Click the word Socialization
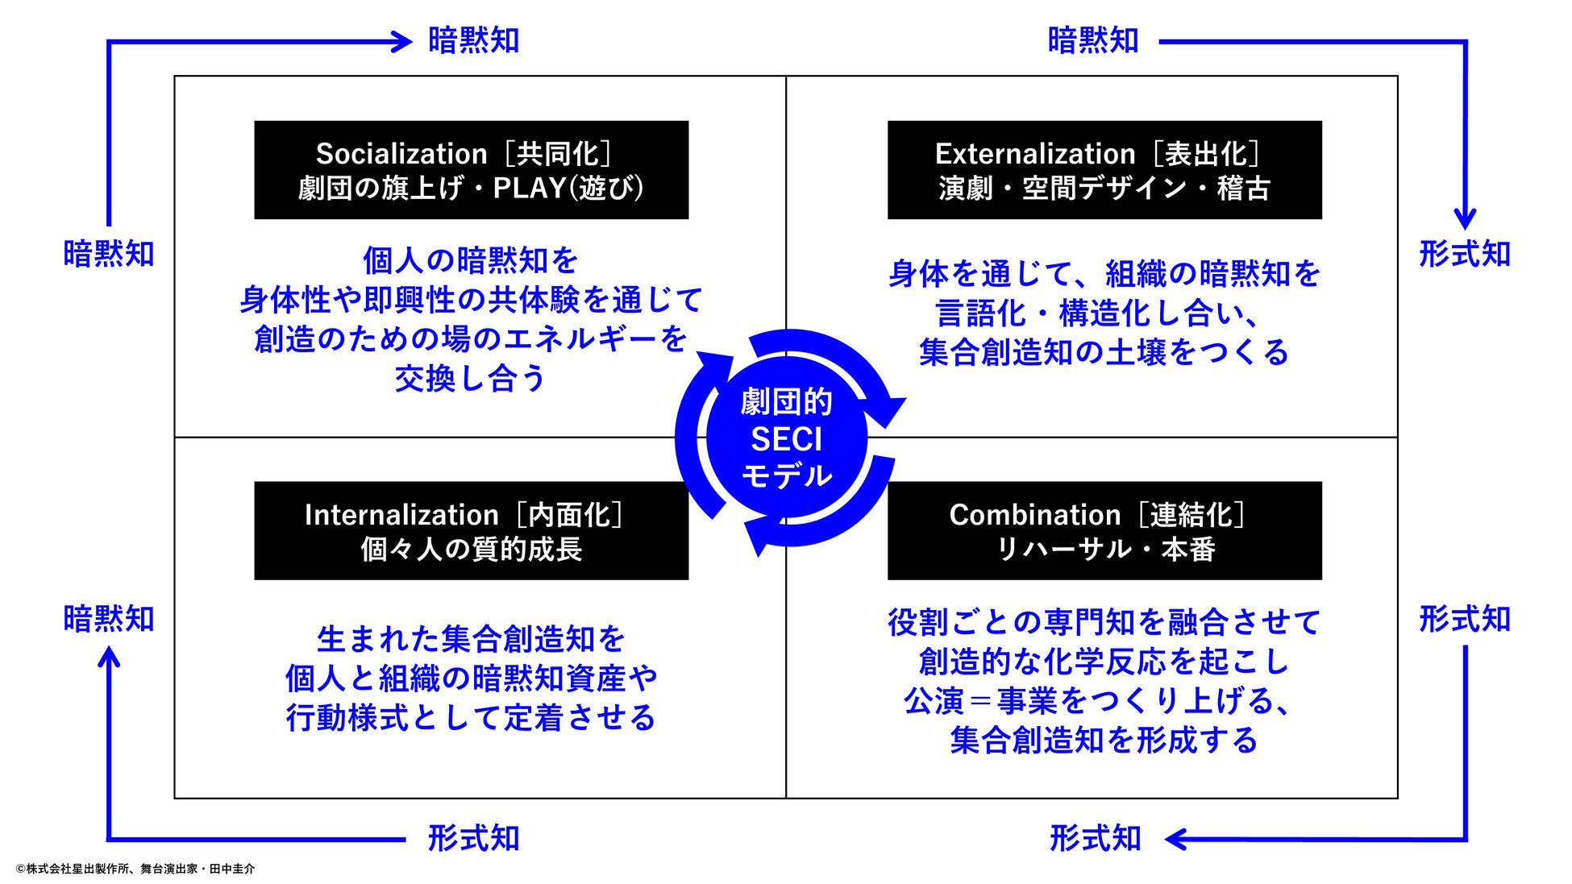click(x=401, y=154)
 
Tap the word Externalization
click(x=1035, y=154)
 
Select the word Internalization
click(x=401, y=515)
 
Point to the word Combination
click(x=1034, y=515)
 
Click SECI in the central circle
click(x=786, y=439)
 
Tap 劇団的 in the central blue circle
click(x=786, y=401)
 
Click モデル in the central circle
click(x=786, y=476)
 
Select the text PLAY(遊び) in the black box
click(x=568, y=189)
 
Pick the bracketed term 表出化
click(x=1206, y=154)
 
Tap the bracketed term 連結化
click(x=1191, y=515)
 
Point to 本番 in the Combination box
click(x=1188, y=550)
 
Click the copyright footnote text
click(x=135, y=869)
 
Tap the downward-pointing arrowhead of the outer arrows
click(x=1465, y=218)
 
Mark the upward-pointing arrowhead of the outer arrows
click(x=109, y=658)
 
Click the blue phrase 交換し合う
click(x=471, y=378)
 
